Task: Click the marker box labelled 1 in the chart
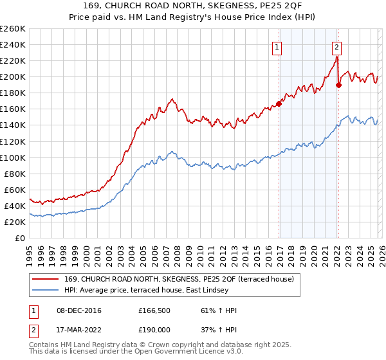tap(277, 46)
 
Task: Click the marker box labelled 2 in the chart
tap(336, 46)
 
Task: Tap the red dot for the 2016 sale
tap(279, 103)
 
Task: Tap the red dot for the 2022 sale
tap(339, 84)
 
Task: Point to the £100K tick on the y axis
tap(13, 157)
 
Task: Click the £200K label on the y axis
tap(13, 76)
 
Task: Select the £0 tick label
tap(19, 238)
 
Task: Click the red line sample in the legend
tap(46, 279)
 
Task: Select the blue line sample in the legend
tap(46, 291)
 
